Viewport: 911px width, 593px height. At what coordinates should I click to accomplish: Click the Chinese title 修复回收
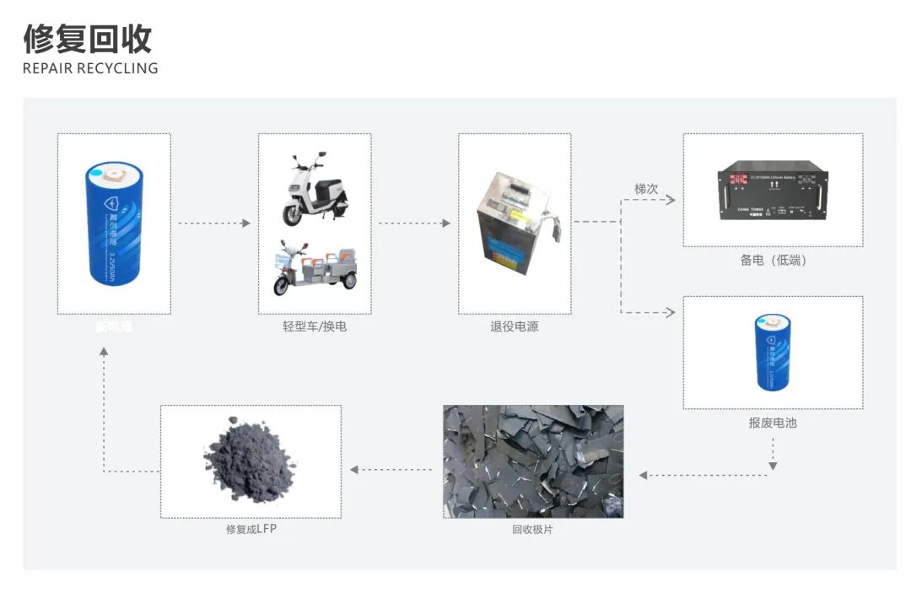coord(87,39)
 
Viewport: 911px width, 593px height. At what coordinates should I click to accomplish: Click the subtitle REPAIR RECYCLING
coord(90,68)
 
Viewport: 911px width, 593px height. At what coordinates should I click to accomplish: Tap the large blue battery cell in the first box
coord(116,223)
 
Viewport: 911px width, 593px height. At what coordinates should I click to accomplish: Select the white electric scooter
coord(313,189)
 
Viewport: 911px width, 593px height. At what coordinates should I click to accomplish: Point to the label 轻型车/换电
coord(314,326)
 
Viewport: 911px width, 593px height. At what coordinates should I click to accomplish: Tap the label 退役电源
coord(514,326)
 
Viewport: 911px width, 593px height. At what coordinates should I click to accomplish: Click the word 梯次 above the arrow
coord(646,189)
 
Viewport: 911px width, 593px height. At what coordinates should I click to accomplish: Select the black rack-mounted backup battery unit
coord(772,195)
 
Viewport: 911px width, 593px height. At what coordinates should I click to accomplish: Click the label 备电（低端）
coord(773,261)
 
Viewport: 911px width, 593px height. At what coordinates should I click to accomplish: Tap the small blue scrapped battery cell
coord(773,352)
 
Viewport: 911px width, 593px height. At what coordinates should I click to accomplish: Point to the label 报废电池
coord(773,422)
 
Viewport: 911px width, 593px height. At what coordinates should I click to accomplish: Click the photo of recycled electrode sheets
coord(533,461)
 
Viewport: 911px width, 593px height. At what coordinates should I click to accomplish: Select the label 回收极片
coord(533,530)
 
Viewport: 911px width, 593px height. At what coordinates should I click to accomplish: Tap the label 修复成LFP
coord(251,530)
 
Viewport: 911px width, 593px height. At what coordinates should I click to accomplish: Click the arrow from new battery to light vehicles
coord(214,224)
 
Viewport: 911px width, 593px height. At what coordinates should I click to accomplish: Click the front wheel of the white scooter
coord(292,214)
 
